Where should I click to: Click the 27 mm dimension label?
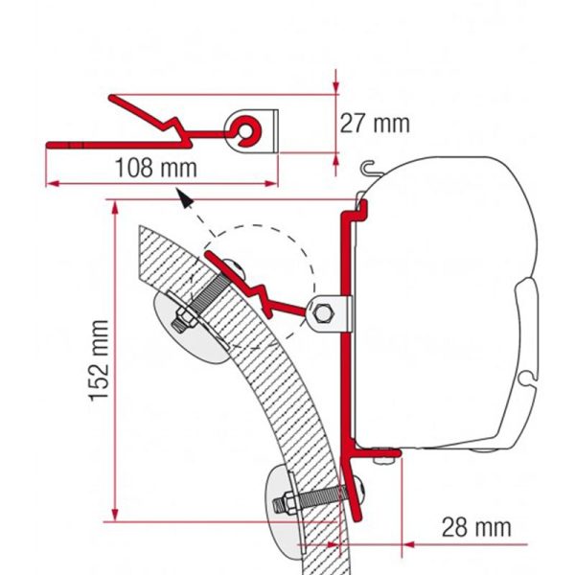point(374,123)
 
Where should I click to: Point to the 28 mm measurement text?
point(476,526)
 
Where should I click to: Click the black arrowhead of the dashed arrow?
point(182,197)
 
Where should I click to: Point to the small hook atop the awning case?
point(369,169)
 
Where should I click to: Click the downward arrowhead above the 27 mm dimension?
point(336,87)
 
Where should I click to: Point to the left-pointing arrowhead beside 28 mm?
point(408,542)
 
